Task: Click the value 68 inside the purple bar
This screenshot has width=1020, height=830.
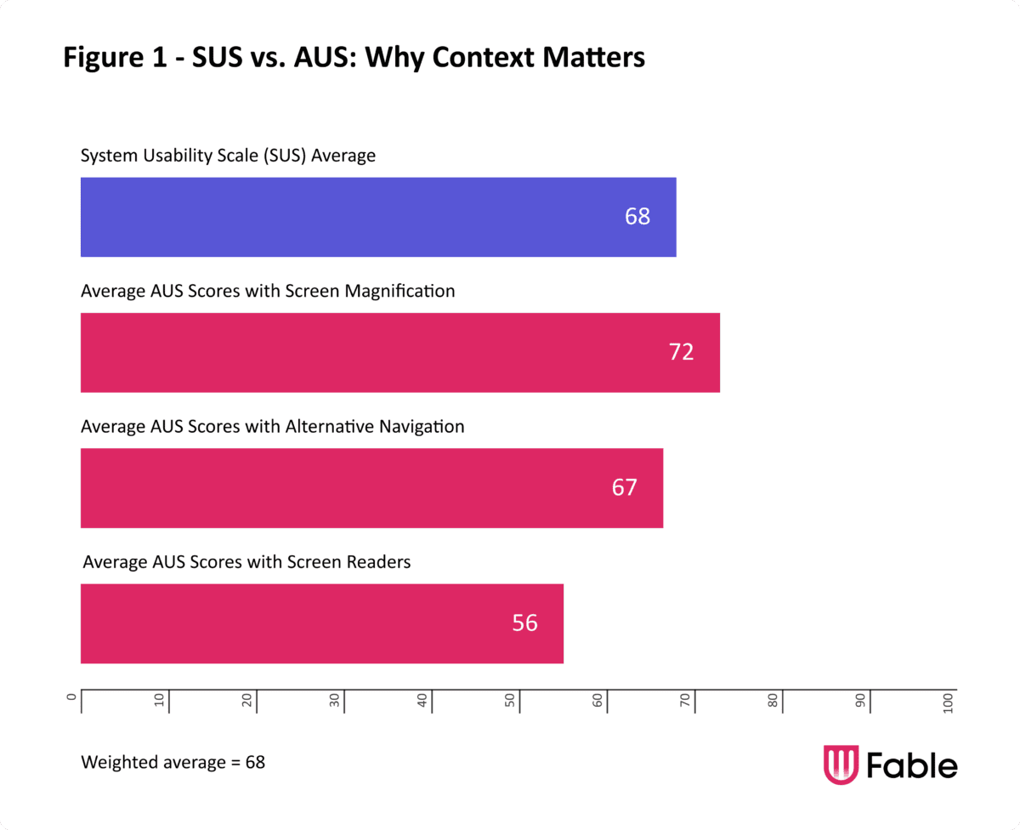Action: tap(637, 217)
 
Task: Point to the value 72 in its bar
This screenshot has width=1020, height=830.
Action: tap(681, 352)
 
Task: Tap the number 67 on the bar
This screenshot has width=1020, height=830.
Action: tap(624, 488)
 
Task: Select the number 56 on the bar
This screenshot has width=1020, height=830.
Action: tap(524, 623)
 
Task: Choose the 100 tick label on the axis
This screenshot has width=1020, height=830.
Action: tap(948, 702)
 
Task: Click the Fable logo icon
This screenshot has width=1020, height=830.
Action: tap(841, 765)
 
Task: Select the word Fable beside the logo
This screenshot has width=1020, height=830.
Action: tap(912, 765)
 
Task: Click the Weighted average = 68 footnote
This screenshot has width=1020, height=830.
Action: tap(173, 762)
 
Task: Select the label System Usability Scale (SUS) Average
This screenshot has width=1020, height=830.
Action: tap(228, 156)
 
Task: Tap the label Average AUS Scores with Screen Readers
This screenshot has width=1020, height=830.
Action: tap(246, 562)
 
